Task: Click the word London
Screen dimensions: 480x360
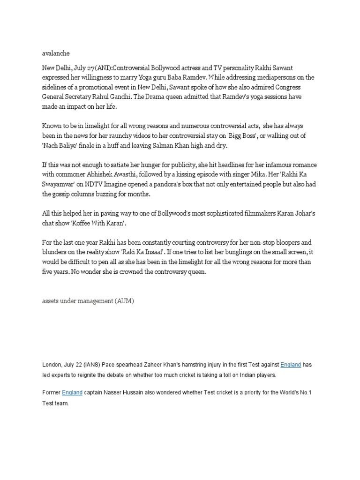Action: [x=52, y=365]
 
